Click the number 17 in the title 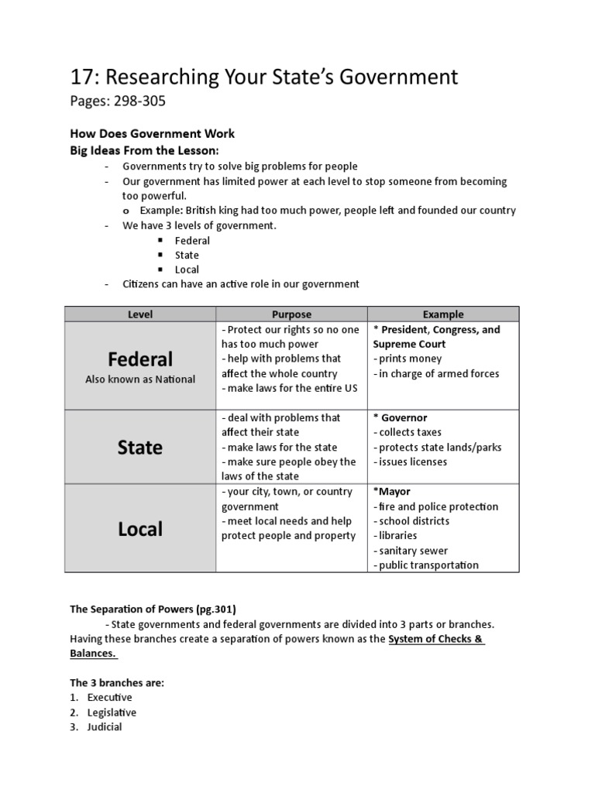point(82,77)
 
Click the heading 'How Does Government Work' point(152,133)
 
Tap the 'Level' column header point(140,314)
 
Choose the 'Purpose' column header point(291,314)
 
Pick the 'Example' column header point(443,314)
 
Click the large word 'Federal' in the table point(140,359)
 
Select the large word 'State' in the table point(140,448)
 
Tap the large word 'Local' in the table point(140,529)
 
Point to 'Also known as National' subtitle point(140,379)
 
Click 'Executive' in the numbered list point(109,697)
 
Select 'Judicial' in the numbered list point(105,727)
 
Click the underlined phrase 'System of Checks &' point(436,639)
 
